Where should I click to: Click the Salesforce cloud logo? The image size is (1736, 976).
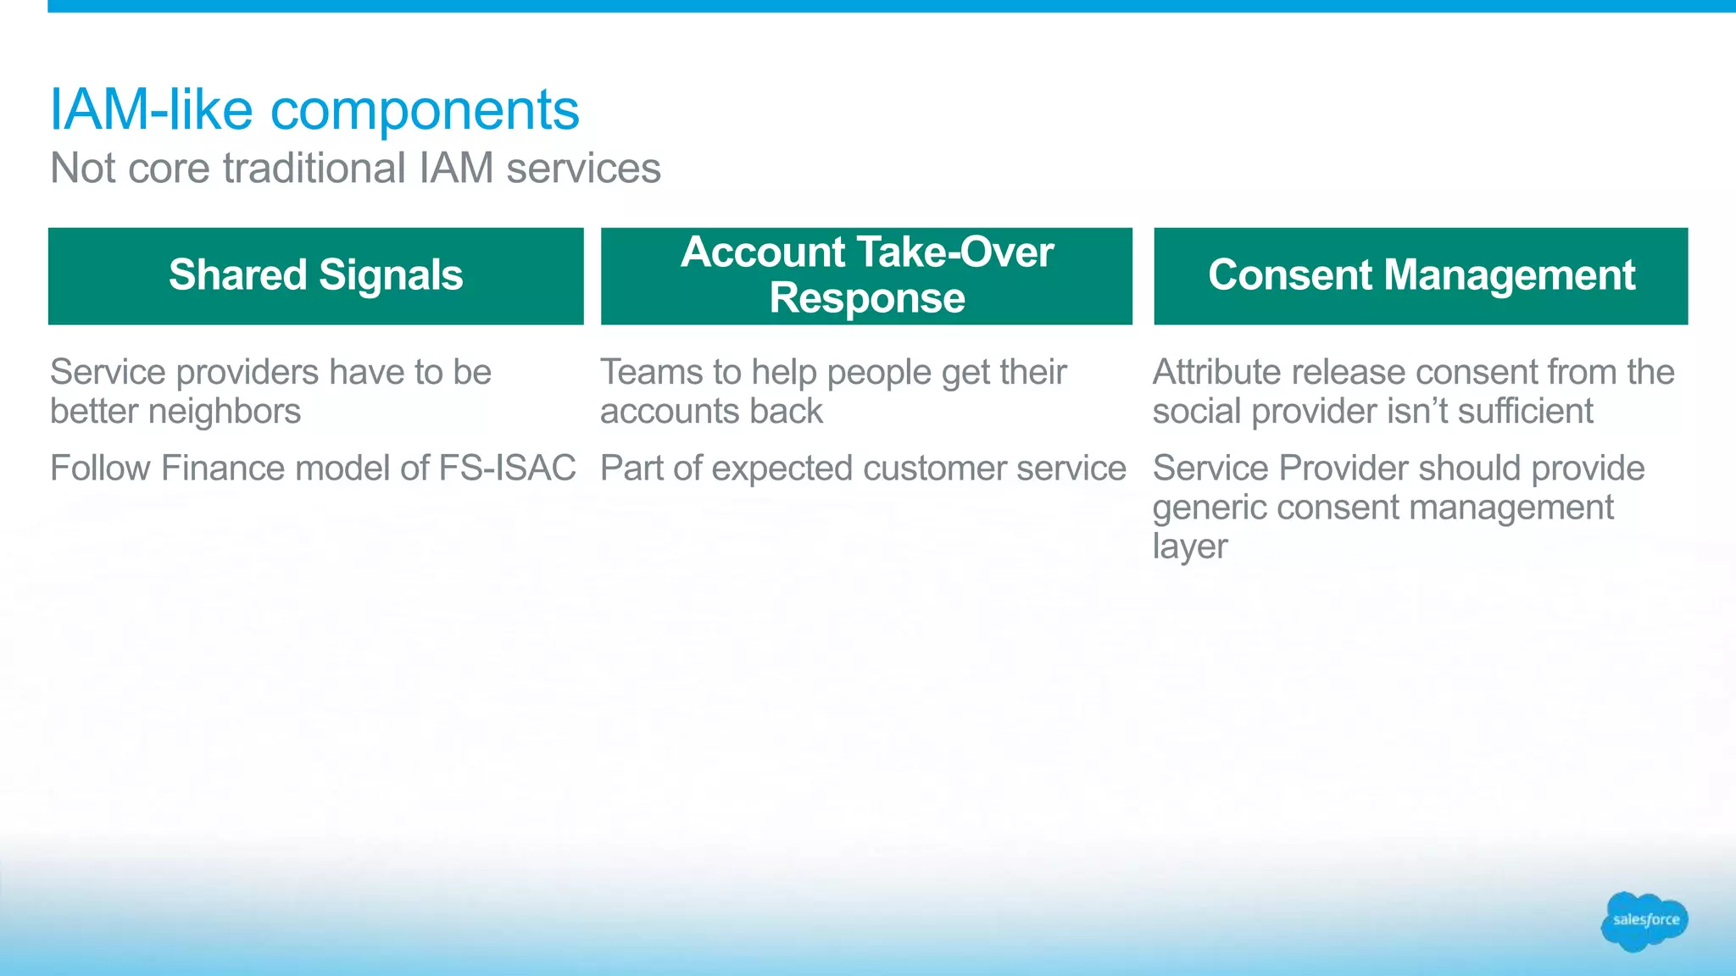click(1644, 921)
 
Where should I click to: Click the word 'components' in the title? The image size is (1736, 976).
click(425, 110)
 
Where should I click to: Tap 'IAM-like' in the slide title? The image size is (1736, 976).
click(151, 110)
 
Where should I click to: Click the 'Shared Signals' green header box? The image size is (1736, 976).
click(315, 275)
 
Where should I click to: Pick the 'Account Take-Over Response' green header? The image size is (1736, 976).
click(866, 275)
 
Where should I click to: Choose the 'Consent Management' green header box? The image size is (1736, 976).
click(1421, 275)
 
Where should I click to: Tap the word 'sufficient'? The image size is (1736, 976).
click(1525, 412)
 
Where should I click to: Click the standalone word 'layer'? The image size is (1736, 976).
click(1189, 547)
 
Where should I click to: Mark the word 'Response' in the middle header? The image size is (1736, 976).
click(866, 298)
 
